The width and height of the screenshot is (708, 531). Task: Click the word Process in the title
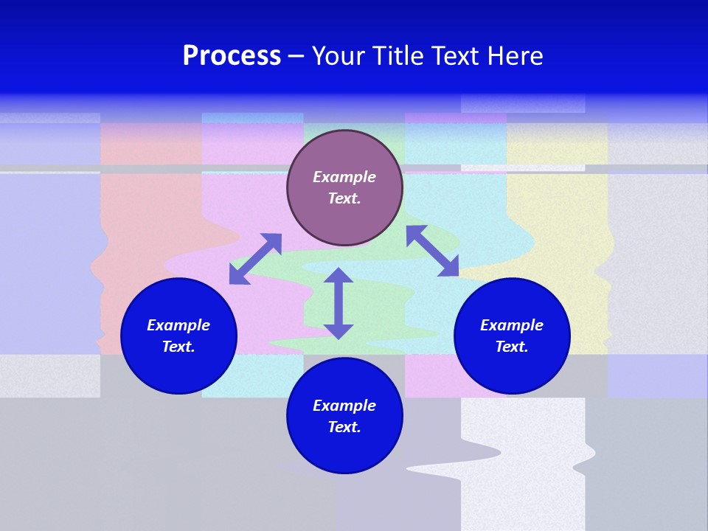232,56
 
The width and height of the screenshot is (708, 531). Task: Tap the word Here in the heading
516,56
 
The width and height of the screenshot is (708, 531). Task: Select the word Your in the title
340,56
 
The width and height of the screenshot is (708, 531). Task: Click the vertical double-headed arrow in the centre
339,304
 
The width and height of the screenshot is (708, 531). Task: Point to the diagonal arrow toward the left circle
255,259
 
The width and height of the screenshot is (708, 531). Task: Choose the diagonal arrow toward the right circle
432,251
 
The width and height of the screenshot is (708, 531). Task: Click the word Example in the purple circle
344,177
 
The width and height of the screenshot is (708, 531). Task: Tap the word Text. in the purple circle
344,198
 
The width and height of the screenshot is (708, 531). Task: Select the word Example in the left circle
178,325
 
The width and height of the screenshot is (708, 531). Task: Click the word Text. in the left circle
178,347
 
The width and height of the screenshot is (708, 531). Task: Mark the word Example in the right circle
512,325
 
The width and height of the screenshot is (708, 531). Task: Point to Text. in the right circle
512,347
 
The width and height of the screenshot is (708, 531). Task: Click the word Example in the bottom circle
344,406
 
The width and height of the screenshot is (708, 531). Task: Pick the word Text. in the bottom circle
344,427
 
